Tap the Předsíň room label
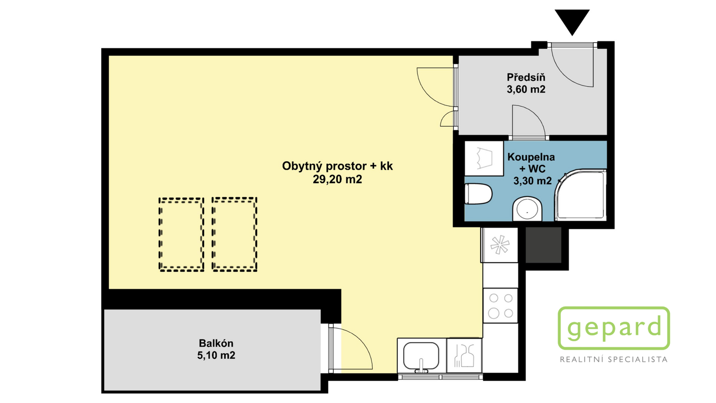526,77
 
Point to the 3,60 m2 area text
526,89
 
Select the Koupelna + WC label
531,163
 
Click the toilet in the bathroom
478,193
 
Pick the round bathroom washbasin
527,210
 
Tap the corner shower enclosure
580,195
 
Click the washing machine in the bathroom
484,159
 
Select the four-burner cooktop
500,305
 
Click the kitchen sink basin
421,356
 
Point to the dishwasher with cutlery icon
464,356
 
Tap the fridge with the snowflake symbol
499,245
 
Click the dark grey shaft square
543,245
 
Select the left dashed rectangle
181,235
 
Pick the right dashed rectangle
234,235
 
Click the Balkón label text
216,343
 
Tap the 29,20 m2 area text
337,180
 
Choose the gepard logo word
614,328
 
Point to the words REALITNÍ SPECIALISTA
614,360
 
